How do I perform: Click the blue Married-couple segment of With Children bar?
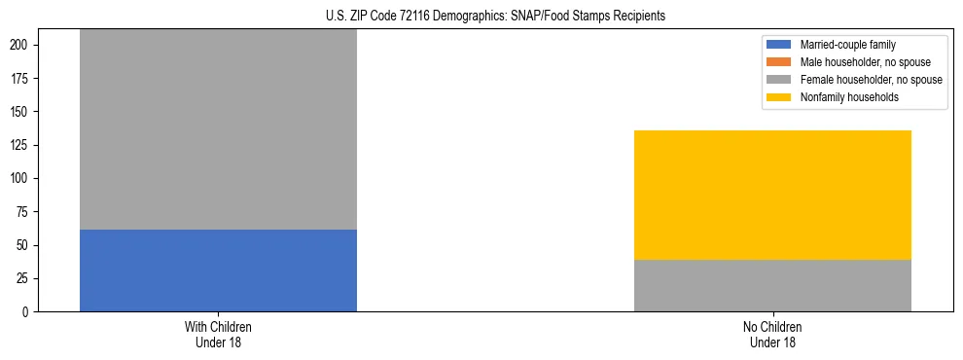point(218,270)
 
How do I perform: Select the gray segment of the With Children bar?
point(218,129)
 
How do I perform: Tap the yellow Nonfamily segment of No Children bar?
point(772,195)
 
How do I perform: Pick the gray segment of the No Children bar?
point(772,285)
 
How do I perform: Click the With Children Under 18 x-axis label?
point(218,334)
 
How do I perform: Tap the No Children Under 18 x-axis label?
point(772,334)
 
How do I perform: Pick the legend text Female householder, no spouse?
point(871,80)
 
